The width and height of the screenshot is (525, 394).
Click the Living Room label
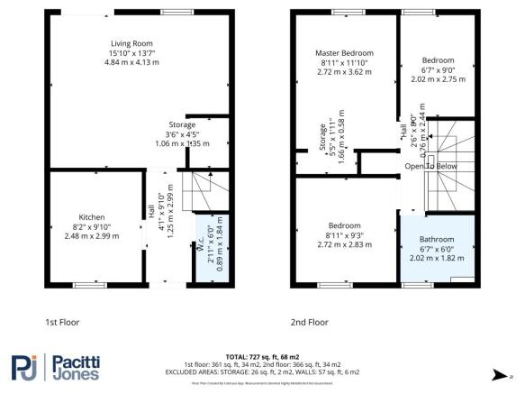pyautogui.click(x=131, y=43)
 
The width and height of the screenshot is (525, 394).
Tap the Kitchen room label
pyautogui.click(x=92, y=217)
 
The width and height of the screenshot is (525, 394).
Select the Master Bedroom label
pyautogui.click(x=343, y=53)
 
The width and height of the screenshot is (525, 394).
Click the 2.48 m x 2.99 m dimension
pyautogui.click(x=92, y=235)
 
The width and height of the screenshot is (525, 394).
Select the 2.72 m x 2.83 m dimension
pyautogui.click(x=343, y=243)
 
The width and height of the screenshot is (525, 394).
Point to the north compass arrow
pyautogui.click(x=510, y=374)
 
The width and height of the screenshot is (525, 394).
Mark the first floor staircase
pyautogui.click(x=195, y=190)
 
